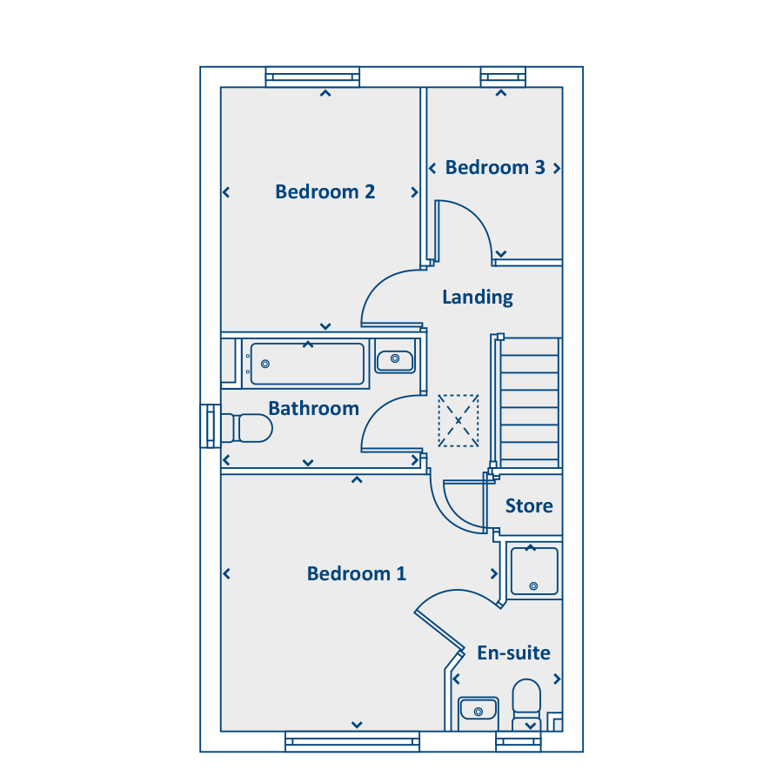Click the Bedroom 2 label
[325, 191]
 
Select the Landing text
[478, 297]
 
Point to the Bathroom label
[313, 408]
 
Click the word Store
[529, 505]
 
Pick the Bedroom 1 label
[357, 573]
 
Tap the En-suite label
[513, 652]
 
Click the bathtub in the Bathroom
[307, 364]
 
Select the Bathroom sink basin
[396, 358]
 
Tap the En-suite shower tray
[534, 571]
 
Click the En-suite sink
[478, 710]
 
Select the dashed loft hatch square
[458, 420]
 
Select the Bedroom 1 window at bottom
[352, 741]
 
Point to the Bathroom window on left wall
[210, 426]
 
